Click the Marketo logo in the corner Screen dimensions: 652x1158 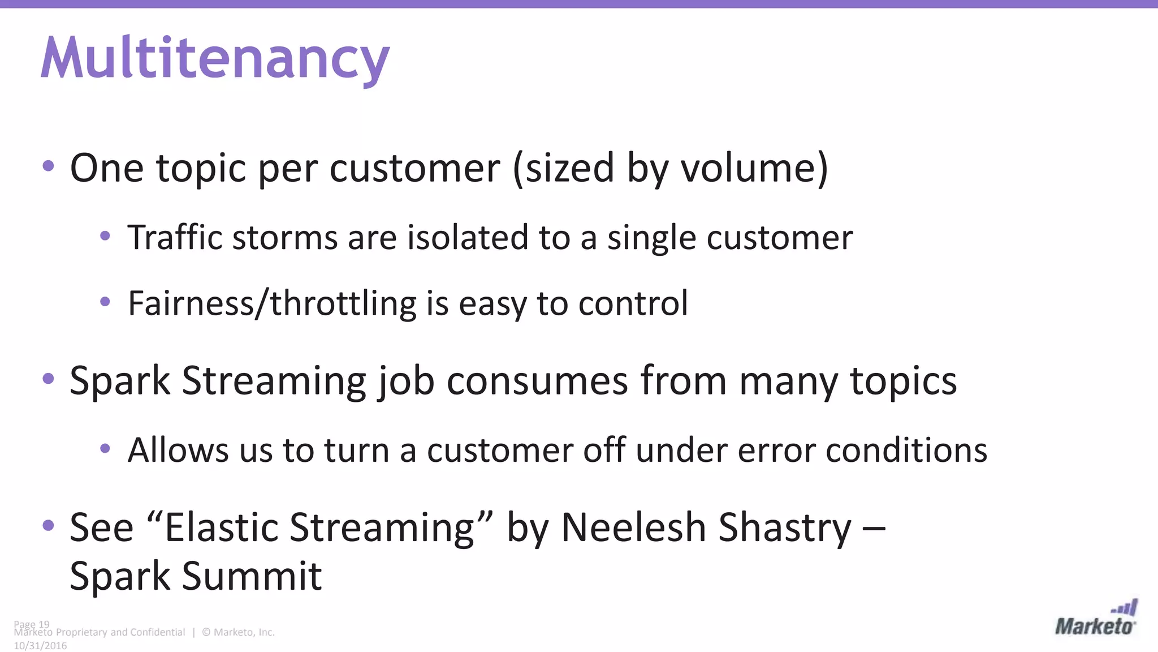[1095, 619]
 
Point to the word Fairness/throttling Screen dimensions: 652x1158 [272, 303]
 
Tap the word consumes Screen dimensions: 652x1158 [537, 381]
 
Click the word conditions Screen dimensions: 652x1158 [906, 451]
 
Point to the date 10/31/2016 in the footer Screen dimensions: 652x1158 [40, 646]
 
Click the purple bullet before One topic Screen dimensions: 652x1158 [49, 166]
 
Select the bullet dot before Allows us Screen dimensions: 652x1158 [105, 449]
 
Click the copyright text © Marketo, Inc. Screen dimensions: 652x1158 [239, 632]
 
